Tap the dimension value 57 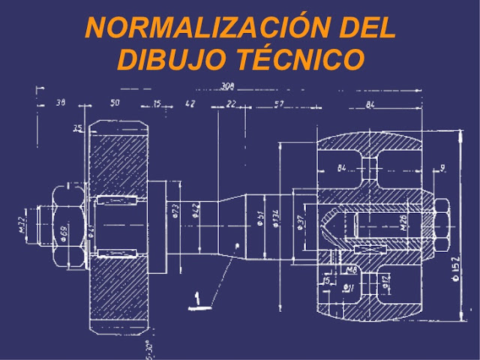tap(278, 103)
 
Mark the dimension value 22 tap(230, 103)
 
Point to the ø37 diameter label tap(300, 223)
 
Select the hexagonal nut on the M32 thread tap(55, 224)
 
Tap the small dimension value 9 tap(443, 169)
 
